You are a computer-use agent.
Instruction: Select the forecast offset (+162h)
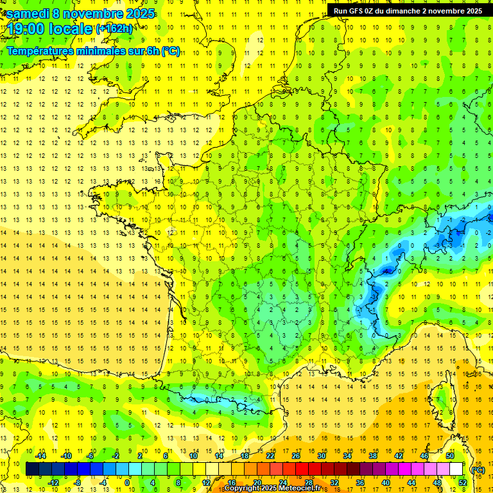tap(114, 28)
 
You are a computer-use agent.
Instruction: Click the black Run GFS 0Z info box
tap(408, 10)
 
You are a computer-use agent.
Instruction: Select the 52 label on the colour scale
tap(463, 483)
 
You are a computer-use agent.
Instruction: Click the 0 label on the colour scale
tap(126, 483)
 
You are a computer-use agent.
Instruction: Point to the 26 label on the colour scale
tap(296, 456)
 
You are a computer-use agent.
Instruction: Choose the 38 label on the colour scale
tap(373, 456)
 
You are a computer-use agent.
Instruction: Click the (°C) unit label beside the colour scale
tap(478, 469)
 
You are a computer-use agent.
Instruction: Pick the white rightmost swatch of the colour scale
tap(456, 469)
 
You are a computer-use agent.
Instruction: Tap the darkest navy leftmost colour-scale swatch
tap(32, 469)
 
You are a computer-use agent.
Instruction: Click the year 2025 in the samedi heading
tap(140, 13)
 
